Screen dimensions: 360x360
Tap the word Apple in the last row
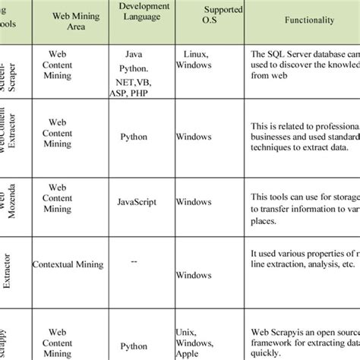coord(190,354)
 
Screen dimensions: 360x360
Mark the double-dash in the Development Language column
coord(134,261)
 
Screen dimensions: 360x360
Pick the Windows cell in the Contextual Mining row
coord(194,274)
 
